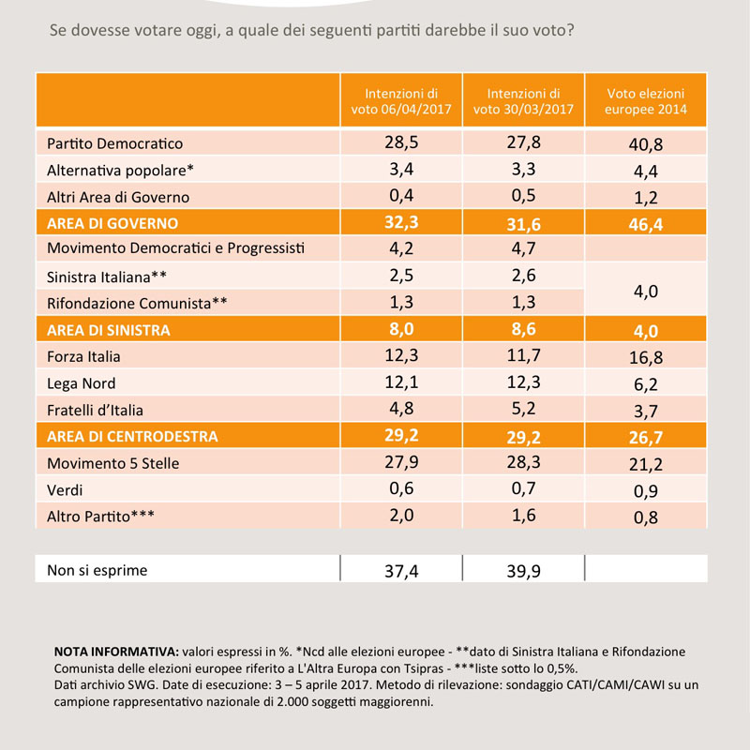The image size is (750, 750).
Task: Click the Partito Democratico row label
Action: point(114,143)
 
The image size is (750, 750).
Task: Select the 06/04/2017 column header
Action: point(401,101)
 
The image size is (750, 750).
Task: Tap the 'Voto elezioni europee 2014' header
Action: point(646,101)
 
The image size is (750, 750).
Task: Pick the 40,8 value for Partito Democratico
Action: point(646,144)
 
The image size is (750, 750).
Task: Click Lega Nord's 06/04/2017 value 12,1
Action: point(401,382)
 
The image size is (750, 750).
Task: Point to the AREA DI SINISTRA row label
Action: point(109,330)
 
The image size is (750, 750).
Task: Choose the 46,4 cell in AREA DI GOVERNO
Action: point(646,224)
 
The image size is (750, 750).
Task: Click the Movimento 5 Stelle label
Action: point(112,463)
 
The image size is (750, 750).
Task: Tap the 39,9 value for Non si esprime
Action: point(523,571)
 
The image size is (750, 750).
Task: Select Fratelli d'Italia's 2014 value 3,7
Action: point(646,411)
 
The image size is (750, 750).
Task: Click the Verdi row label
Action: point(65,489)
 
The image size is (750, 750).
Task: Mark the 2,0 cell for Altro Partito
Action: point(401,515)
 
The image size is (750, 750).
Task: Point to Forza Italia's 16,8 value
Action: point(646,357)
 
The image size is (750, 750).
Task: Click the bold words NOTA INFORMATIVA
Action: point(116,652)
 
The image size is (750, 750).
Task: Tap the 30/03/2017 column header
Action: point(523,101)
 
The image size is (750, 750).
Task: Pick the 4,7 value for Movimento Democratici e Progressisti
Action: point(523,248)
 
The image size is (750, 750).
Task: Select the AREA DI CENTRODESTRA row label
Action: point(132,436)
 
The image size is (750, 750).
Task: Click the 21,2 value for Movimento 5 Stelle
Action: point(646,464)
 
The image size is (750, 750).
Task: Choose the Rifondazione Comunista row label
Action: point(137,303)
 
